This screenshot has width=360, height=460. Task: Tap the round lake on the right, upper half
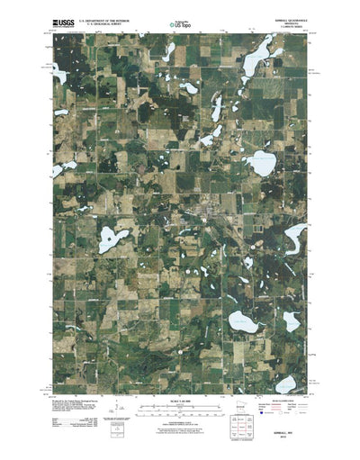coord(262,165)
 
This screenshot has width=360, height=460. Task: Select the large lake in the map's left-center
coord(112,239)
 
